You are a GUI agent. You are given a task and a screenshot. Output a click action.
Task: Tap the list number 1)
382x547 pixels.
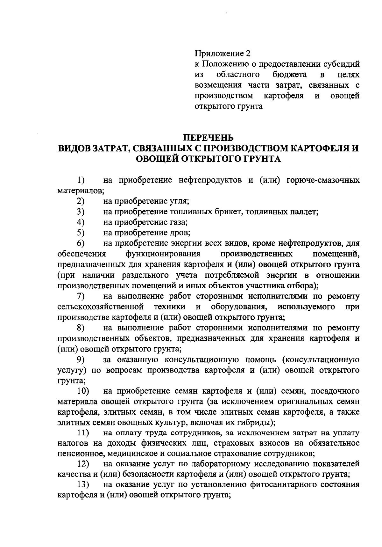coord(81,181)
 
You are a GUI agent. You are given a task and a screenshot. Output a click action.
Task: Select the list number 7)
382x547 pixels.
coord(81,296)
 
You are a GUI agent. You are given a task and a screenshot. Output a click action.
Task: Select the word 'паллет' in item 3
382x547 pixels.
coord(305,212)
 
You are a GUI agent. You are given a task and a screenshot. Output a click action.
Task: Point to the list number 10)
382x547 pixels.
coord(83,391)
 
